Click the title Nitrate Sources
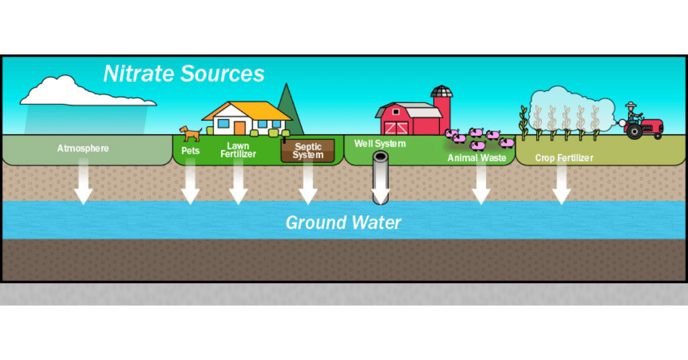click(x=183, y=74)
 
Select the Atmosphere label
click(x=83, y=148)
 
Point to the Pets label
click(x=190, y=151)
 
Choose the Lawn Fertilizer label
click(x=238, y=150)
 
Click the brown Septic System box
click(x=308, y=151)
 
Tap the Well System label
click(x=380, y=143)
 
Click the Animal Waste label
click(x=476, y=158)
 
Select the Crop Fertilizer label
click(x=564, y=158)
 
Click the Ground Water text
click(x=343, y=222)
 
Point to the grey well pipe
click(x=381, y=178)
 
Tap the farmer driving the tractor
click(x=632, y=111)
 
